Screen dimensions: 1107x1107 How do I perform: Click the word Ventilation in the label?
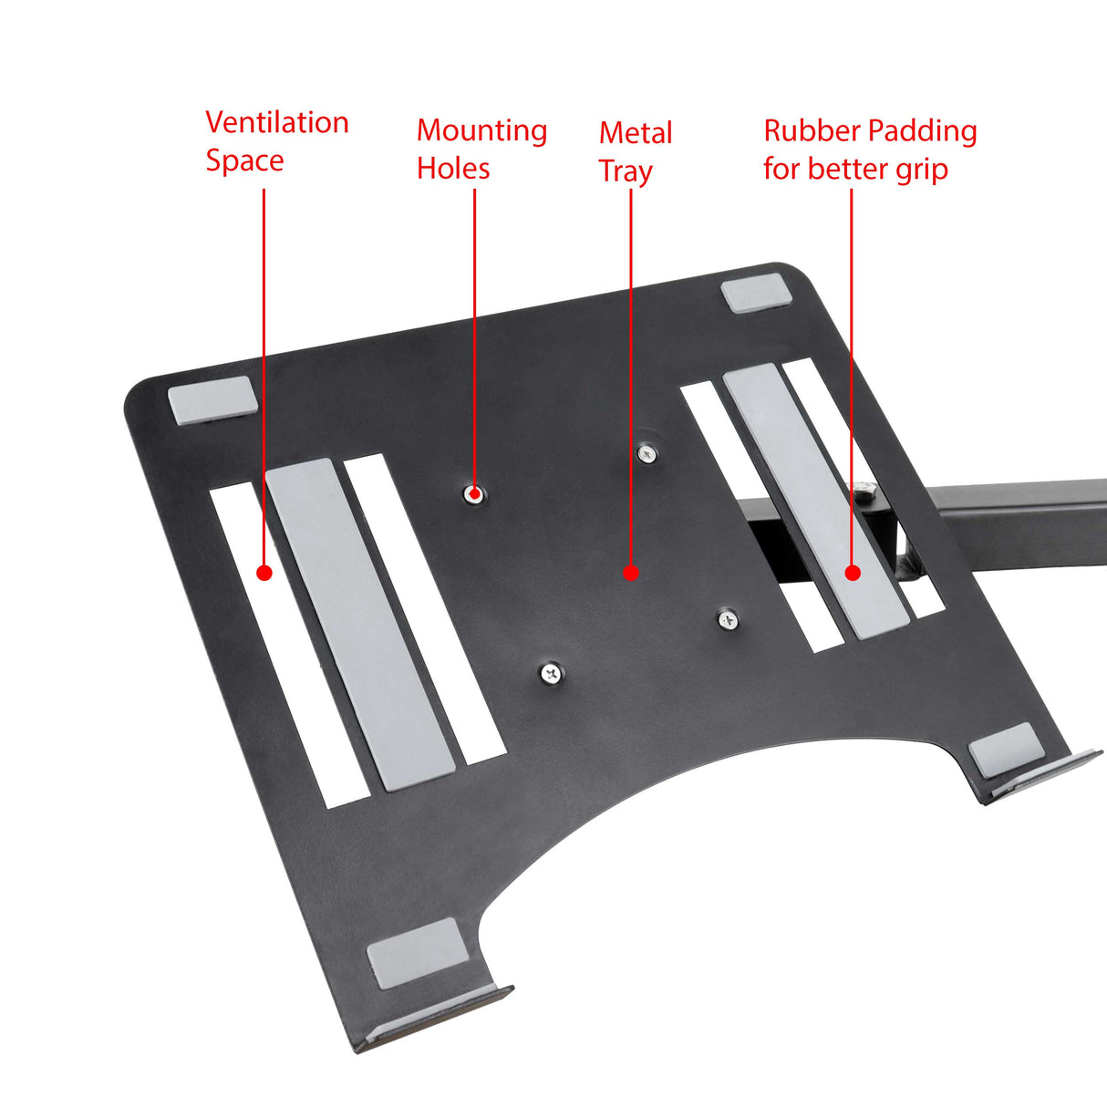point(276,122)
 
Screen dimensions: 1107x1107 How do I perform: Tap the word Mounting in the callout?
point(481,130)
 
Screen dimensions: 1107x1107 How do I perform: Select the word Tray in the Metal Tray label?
point(626,171)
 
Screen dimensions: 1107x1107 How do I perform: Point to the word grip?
point(921,170)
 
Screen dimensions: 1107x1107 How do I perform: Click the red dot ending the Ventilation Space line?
point(264,573)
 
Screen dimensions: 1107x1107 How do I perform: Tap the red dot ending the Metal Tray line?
point(631,573)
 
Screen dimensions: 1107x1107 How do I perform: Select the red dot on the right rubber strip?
point(853,573)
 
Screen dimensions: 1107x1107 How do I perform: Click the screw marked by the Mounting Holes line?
point(474,494)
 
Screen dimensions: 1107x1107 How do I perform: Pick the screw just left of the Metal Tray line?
point(647,452)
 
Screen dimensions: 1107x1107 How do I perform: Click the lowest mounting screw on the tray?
point(551,674)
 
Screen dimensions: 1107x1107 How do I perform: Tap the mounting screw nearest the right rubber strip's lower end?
point(728,620)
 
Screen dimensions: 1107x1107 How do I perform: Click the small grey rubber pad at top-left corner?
point(212,399)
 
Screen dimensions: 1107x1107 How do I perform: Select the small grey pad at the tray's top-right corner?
point(757,294)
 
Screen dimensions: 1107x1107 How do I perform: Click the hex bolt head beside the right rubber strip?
point(867,492)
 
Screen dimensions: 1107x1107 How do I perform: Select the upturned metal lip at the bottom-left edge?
point(438,1019)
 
